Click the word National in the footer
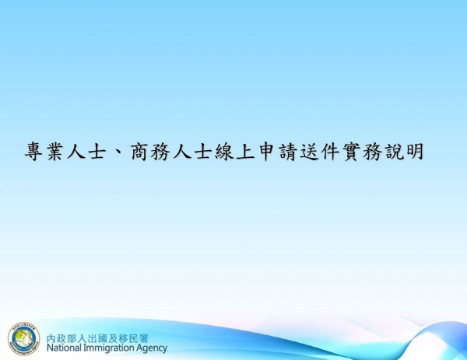[x=67, y=348]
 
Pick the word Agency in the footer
[x=153, y=348]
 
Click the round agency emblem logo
[x=23, y=340]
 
